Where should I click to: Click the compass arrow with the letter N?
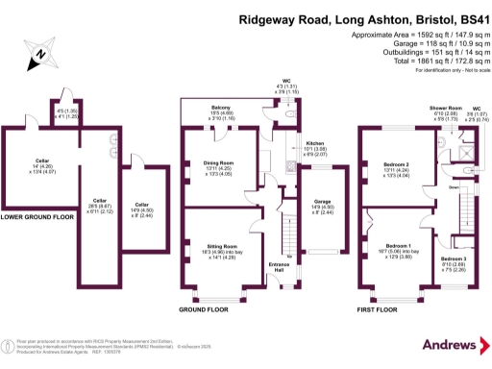click(x=37, y=59)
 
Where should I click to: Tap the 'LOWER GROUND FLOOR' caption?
click(x=37, y=217)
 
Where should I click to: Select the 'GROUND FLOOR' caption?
click(x=204, y=310)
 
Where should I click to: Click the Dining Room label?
click(x=221, y=163)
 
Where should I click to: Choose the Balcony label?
click(x=222, y=109)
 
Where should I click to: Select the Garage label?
click(x=316, y=199)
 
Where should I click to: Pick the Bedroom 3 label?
click(x=454, y=258)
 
